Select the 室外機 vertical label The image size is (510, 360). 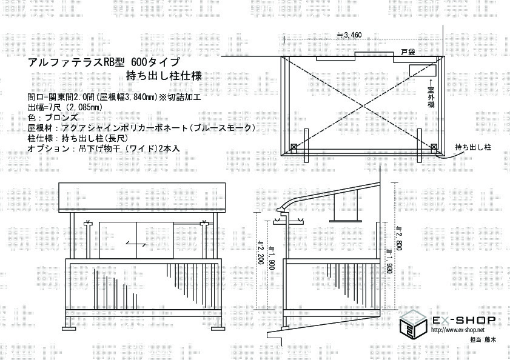coord(431,96)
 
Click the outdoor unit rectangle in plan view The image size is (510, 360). coord(418,69)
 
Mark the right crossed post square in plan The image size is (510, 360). coord(434,147)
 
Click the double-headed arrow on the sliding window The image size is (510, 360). coord(136,243)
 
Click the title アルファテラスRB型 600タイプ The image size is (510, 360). coord(103,62)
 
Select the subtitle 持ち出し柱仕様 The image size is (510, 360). coord(163,76)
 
